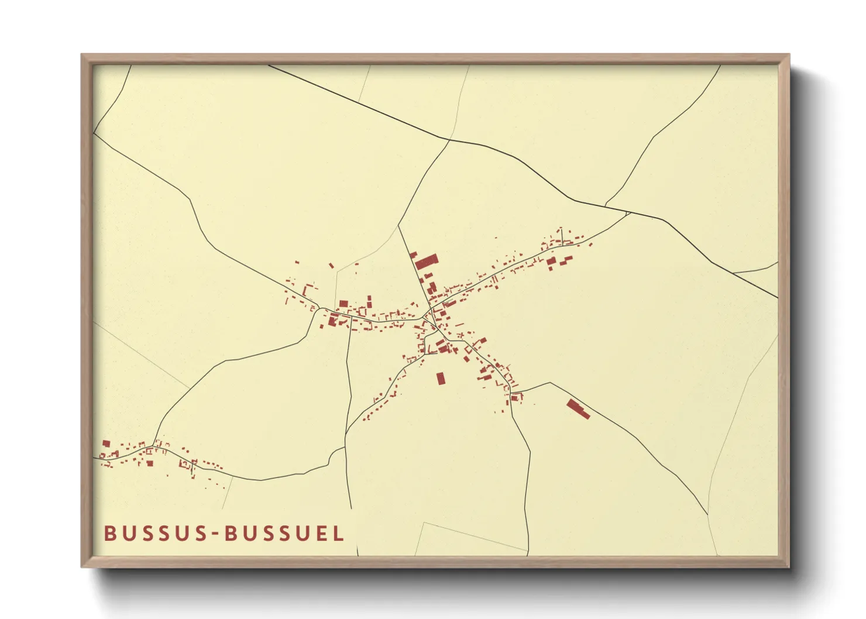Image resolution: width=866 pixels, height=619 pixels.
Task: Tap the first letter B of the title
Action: point(109,534)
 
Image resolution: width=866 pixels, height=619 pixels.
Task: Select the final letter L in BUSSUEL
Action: point(338,534)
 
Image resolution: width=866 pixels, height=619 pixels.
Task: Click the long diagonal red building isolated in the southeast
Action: point(578,409)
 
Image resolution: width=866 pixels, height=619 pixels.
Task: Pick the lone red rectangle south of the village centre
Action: point(441,379)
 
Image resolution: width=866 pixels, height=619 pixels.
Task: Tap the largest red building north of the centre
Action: point(427,261)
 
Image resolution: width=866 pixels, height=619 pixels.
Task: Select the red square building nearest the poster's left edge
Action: point(106,443)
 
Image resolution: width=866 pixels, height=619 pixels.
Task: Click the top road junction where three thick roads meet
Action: point(449,140)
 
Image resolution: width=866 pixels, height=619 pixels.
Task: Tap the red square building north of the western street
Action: point(343,304)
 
